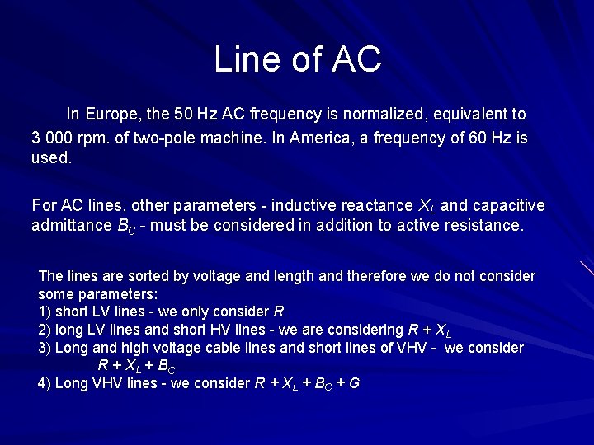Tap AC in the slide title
(357, 59)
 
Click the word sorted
(130, 276)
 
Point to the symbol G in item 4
(354, 383)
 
